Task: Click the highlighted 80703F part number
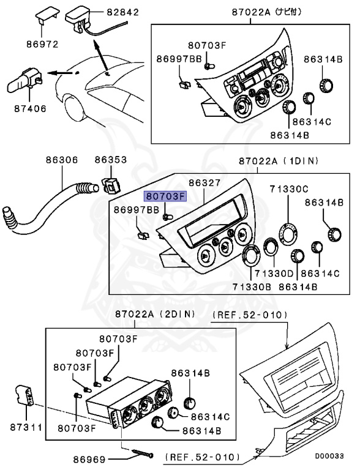tap(164, 196)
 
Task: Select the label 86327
tap(204, 182)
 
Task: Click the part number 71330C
tap(288, 189)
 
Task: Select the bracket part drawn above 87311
tap(24, 396)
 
